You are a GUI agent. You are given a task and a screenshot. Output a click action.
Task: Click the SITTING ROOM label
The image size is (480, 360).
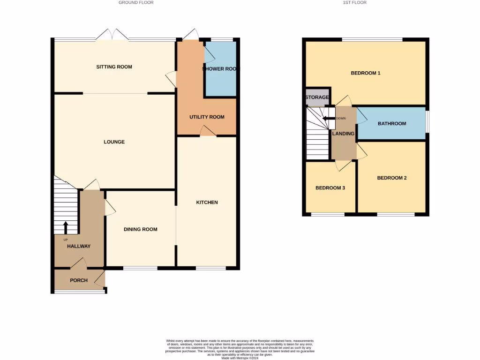click(x=114, y=67)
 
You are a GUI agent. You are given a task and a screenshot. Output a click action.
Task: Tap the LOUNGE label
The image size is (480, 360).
click(x=114, y=142)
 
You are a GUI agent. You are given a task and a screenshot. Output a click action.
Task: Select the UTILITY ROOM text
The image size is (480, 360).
click(x=207, y=117)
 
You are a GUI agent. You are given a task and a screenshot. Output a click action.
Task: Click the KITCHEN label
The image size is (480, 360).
click(x=207, y=202)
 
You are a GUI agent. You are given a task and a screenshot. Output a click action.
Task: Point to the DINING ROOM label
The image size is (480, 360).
click(x=140, y=229)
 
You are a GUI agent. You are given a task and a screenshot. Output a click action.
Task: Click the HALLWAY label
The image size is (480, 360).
click(x=79, y=246)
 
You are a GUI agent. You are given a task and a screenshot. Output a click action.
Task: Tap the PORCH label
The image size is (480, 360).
click(x=79, y=280)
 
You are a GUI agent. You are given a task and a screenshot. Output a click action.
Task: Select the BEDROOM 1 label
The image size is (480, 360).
click(x=366, y=73)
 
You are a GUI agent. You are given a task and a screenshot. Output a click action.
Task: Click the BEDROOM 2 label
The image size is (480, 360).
click(x=391, y=178)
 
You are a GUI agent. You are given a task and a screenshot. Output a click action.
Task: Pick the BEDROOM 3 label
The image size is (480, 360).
click(x=330, y=188)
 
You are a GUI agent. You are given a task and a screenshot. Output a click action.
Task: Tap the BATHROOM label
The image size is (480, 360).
click(x=392, y=124)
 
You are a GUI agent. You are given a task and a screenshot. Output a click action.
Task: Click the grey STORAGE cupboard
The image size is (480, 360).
click(x=317, y=97)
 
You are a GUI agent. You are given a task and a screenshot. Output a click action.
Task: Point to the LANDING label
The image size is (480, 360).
click(x=343, y=134)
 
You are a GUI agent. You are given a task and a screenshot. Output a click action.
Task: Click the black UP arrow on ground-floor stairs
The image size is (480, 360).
click(x=65, y=227)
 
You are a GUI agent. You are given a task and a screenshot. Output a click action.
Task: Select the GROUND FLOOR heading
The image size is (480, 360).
click(x=136, y=3)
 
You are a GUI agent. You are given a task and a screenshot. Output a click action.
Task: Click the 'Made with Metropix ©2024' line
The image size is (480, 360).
click(x=240, y=358)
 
